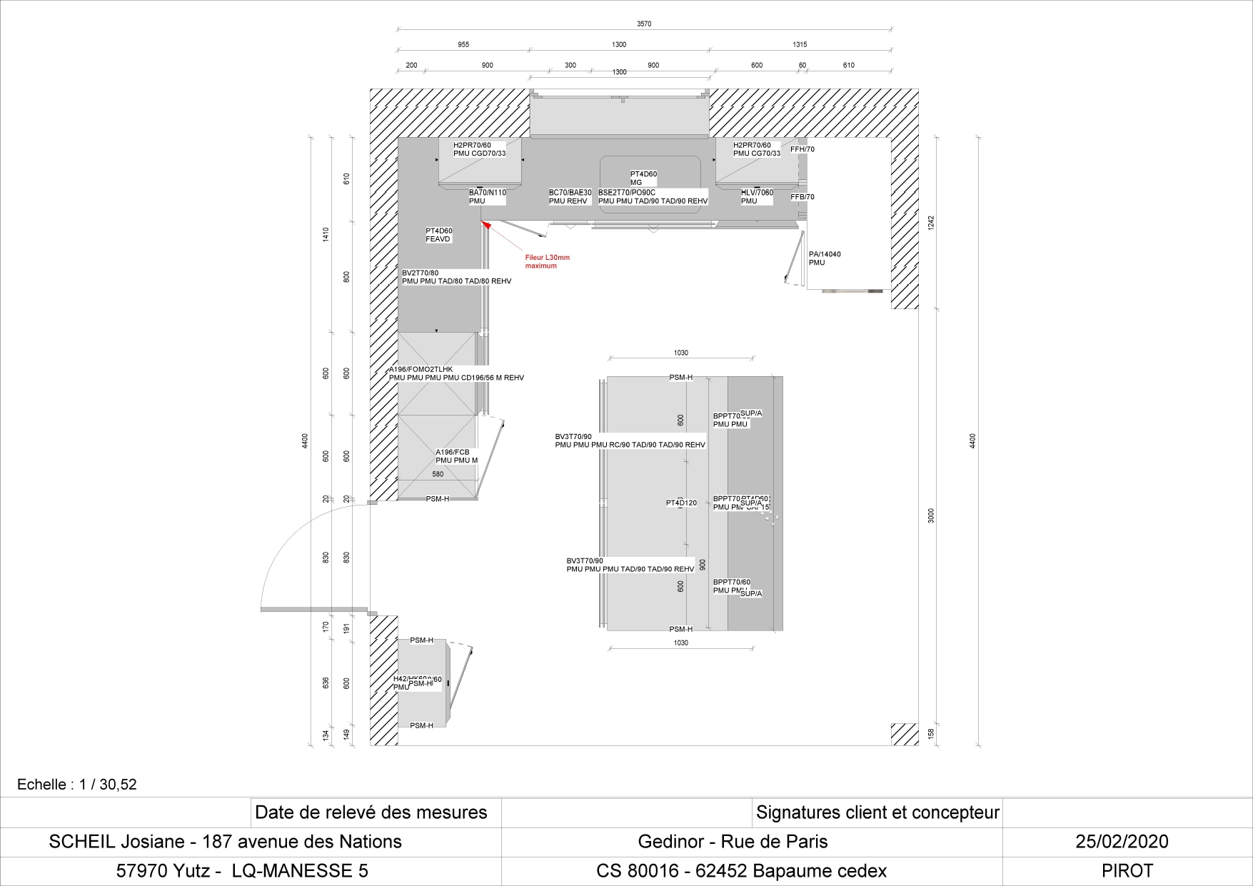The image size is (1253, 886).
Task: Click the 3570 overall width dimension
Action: coord(644,24)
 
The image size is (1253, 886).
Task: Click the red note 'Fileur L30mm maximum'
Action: coord(547,261)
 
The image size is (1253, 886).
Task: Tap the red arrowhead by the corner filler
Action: coord(486,225)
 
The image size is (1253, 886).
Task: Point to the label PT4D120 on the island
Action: coord(681,503)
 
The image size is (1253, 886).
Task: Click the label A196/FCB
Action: coord(453,452)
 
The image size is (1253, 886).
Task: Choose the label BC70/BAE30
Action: coord(570,193)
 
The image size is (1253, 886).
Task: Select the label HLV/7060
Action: coord(757,193)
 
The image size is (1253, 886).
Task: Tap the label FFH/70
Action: coord(802,149)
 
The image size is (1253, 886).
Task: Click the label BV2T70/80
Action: coord(421,273)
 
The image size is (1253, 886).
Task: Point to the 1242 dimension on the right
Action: coord(930,223)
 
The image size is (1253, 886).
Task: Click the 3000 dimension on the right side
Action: coord(930,515)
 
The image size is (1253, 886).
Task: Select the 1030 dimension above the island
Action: coord(680,353)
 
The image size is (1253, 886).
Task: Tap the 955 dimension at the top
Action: coord(463,45)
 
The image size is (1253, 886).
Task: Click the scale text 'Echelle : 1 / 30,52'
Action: coord(77,785)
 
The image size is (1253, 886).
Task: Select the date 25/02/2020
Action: coord(1122,842)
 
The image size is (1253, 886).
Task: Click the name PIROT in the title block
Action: coord(1127,871)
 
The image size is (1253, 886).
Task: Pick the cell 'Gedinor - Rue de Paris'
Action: coord(733,842)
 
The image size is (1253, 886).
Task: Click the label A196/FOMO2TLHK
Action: coord(421,369)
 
